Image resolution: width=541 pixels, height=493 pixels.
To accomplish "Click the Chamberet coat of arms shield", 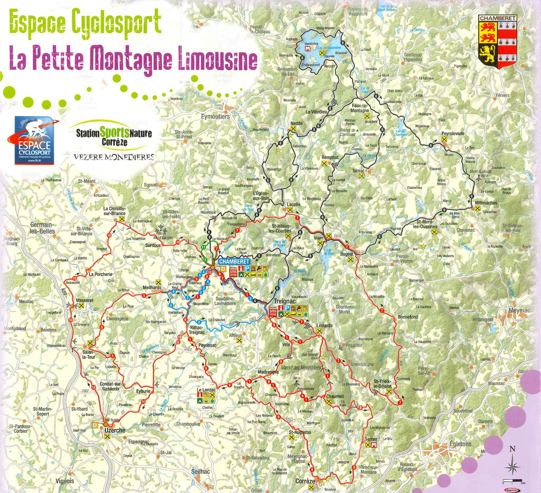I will tap(497, 41).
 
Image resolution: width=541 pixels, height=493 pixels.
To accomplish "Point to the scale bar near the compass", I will tap(512, 481).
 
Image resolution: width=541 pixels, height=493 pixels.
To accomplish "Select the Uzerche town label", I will tap(115, 431).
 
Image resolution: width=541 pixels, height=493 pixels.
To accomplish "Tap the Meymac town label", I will tap(518, 310).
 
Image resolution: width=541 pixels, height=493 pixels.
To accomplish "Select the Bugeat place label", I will tap(347, 255).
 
